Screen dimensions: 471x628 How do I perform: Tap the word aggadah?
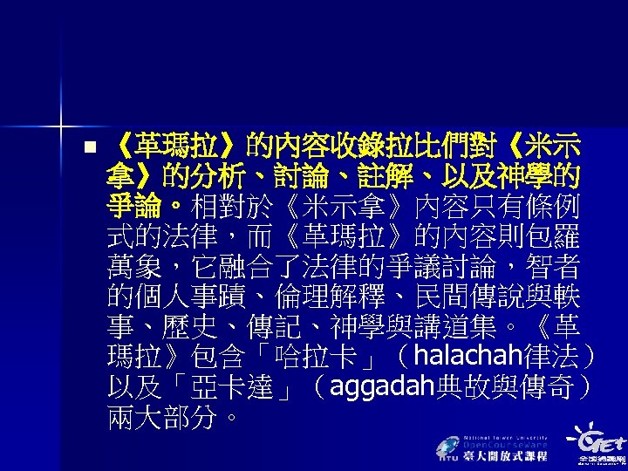coord(379,386)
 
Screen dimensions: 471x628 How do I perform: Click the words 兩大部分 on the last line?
coord(160,415)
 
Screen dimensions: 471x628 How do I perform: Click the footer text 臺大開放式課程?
coord(504,457)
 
